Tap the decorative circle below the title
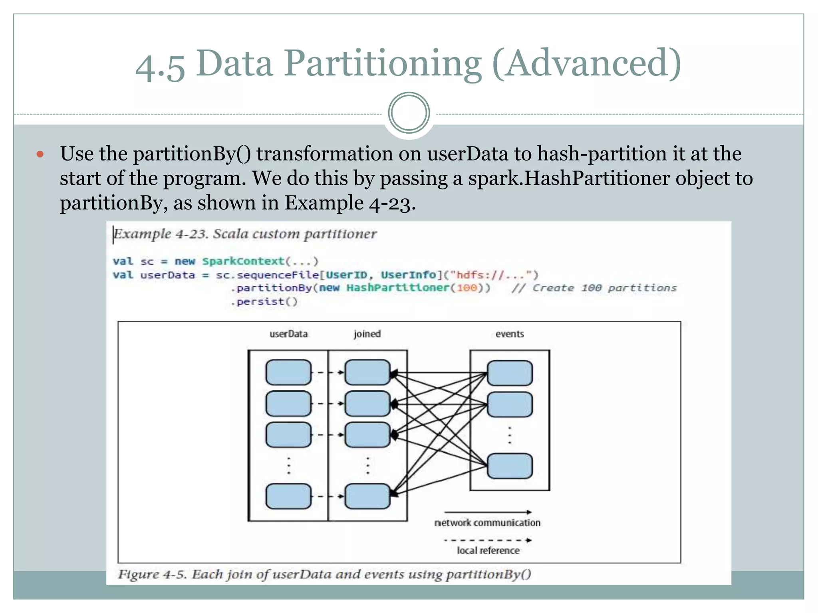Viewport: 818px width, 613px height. [x=409, y=113]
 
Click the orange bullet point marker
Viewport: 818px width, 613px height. [x=40, y=154]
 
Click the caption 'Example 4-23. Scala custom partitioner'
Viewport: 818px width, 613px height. [x=245, y=234]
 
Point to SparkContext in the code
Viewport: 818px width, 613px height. [x=243, y=261]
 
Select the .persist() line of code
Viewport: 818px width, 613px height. [x=264, y=302]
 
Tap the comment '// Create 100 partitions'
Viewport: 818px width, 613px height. [x=594, y=288]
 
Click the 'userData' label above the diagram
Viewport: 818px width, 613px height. [x=288, y=334]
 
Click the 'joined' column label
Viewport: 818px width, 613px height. [x=367, y=334]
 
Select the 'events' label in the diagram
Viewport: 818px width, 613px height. [x=509, y=334]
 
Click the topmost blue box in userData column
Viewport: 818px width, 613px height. [x=288, y=372]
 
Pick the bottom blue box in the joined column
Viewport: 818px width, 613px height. [x=367, y=496]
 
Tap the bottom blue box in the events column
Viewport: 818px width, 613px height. [x=510, y=466]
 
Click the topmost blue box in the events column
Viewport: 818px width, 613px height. [x=510, y=373]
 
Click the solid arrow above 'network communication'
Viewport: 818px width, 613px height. [x=488, y=512]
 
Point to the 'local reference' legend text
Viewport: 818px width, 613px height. [x=488, y=551]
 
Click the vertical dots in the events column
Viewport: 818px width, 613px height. [x=510, y=435]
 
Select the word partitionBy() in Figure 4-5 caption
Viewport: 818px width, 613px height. [x=488, y=574]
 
